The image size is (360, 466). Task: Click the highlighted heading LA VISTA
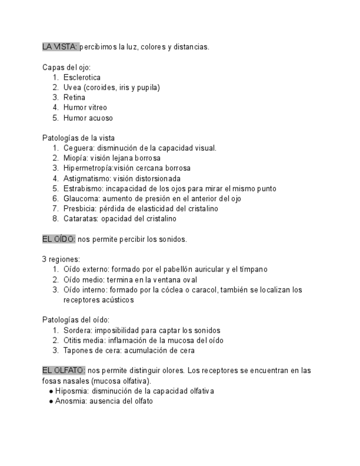[x=60, y=47]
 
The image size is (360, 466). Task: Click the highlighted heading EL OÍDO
[x=59, y=239]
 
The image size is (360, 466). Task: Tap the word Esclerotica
[x=82, y=77]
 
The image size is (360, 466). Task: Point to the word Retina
[x=74, y=97]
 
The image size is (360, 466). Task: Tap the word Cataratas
[x=80, y=219]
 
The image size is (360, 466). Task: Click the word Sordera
[x=77, y=330]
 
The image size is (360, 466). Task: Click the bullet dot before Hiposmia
[x=51, y=391]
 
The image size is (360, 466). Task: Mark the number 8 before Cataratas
[x=55, y=219]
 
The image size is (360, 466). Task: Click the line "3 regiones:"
[x=61, y=259]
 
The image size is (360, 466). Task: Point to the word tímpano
[x=253, y=269]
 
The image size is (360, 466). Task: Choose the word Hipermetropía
[x=88, y=168]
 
